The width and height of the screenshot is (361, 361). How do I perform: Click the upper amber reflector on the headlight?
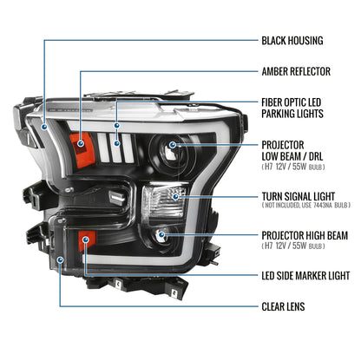click(84, 135)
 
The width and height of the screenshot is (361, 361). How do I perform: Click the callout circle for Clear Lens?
click(60, 259)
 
